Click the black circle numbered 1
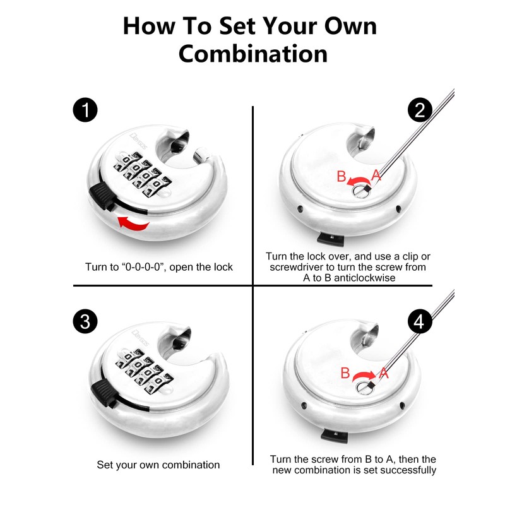pos(85,110)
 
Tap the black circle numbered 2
pos(420,110)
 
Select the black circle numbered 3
pos(85,321)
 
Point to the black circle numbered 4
pos(420,321)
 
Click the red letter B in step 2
pos(341,177)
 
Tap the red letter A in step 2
pos(376,175)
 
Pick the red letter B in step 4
pos(345,373)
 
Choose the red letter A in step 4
pos(384,373)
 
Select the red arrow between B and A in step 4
pos(364,376)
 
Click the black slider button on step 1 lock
pos(101,195)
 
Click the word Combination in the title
pos(253,54)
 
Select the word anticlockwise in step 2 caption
pos(364,278)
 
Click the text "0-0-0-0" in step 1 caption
pos(143,267)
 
